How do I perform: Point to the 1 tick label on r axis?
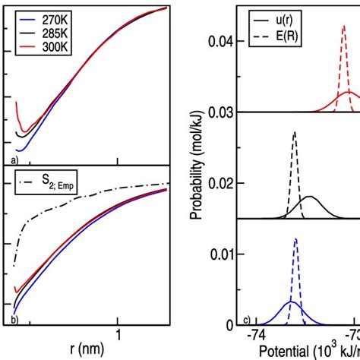pyautogui.click(x=118, y=335)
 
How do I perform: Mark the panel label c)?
pyautogui.click(x=247, y=318)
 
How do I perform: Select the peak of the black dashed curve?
pyautogui.click(x=294, y=133)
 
